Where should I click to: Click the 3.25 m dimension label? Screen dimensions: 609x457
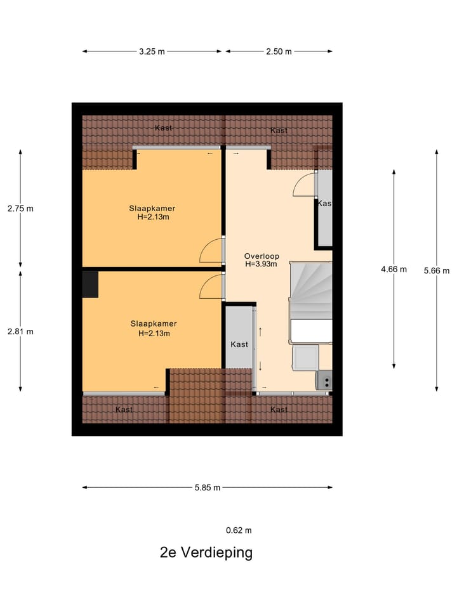(152, 52)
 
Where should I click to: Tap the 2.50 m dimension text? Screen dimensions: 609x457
(279, 52)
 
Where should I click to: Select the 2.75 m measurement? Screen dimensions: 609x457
(20, 208)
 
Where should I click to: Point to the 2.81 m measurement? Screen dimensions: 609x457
(20, 331)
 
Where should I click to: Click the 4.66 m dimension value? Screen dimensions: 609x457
(394, 269)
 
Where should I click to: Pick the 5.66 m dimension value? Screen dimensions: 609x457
(437, 271)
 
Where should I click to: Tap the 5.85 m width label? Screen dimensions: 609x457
(207, 488)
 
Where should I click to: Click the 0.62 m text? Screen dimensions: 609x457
(239, 530)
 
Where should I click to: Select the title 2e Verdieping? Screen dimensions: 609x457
(206, 553)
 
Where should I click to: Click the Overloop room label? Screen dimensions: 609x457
(261, 256)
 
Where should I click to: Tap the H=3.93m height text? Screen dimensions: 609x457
(261, 265)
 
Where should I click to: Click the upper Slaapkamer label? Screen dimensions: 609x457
(152, 208)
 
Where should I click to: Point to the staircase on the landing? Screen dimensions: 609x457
(311, 289)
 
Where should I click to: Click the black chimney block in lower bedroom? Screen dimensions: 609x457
(90, 284)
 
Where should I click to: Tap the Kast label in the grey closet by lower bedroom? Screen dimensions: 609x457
(239, 344)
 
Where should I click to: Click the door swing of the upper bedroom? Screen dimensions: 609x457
(211, 250)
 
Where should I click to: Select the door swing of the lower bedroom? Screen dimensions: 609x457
(211, 287)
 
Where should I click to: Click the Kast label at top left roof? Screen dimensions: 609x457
(164, 128)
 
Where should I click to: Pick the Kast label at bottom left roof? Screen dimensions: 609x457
(124, 410)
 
